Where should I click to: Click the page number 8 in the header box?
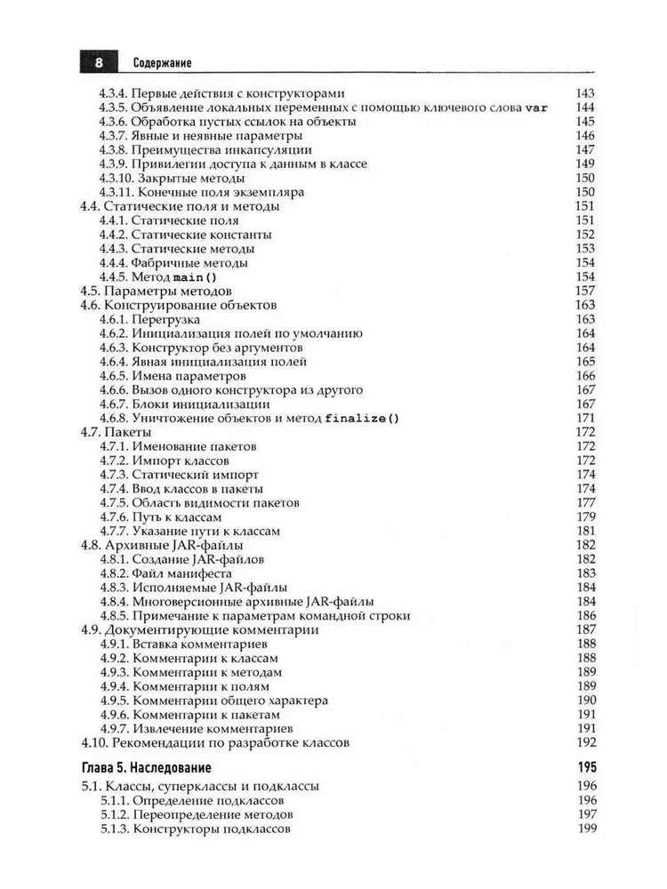click(99, 63)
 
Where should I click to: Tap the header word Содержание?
click(164, 63)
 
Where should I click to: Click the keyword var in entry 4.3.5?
click(536, 108)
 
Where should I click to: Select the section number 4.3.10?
click(117, 178)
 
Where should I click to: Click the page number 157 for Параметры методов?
click(585, 291)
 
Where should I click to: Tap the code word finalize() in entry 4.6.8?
click(363, 418)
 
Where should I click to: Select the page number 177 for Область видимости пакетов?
click(585, 502)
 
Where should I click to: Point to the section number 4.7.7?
click(113, 531)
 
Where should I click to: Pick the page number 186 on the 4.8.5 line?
click(585, 615)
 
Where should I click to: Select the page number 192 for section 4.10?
click(585, 742)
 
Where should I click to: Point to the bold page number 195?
click(585, 767)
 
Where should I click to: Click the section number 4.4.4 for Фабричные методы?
click(113, 262)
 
